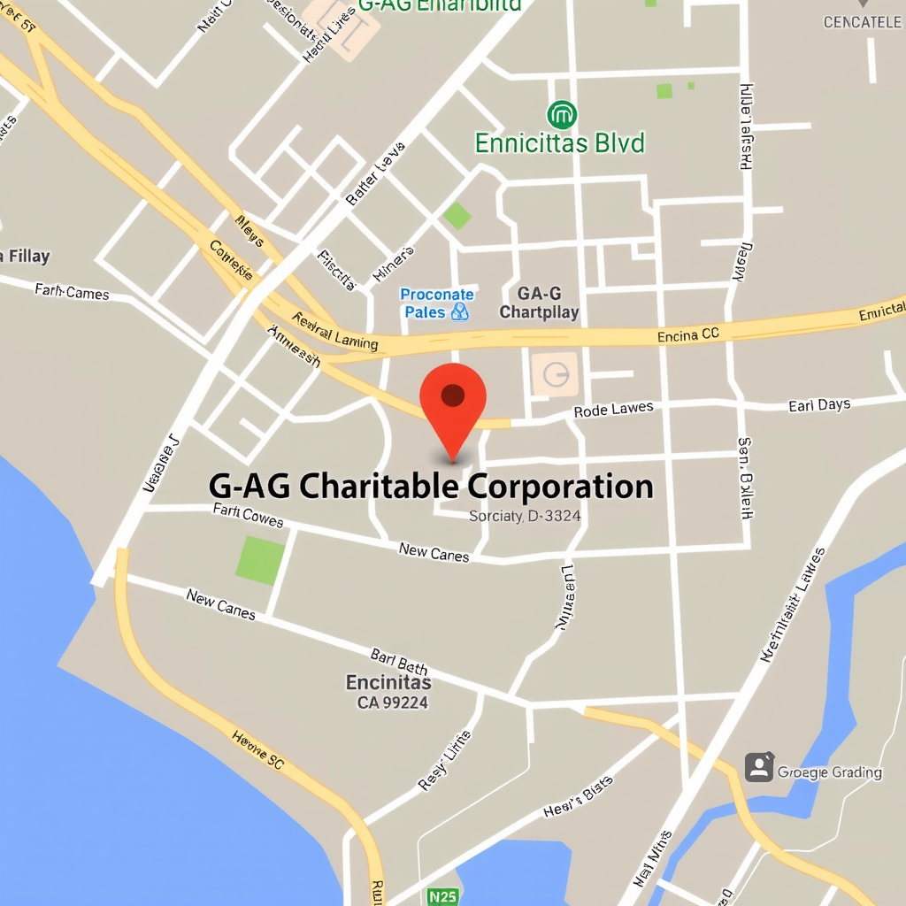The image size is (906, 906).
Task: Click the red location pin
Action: (x=453, y=400)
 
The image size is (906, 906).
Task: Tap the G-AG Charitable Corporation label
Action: (x=431, y=487)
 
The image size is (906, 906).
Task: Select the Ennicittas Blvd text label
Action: (x=560, y=142)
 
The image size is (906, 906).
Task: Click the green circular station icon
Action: (x=562, y=114)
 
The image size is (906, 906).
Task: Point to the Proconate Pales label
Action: (x=437, y=303)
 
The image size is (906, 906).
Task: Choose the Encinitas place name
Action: (x=388, y=682)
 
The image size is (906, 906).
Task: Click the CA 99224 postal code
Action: (x=393, y=703)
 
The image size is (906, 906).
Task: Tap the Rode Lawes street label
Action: (x=613, y=410)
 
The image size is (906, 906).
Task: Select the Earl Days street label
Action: (x=819, y=405)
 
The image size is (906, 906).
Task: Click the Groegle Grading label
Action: (x=829, y=772)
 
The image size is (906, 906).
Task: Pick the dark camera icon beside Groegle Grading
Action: (x=759, y=767)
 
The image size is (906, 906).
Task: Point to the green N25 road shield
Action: (x=442, y=895)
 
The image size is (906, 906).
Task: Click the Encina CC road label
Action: (x=688, y=335)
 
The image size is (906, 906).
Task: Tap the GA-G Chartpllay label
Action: (x=539, y=303)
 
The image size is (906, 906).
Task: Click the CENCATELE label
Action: (x=862, y=22)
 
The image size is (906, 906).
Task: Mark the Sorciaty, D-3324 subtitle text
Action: (x=525, y=516)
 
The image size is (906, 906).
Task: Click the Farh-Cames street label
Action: (x=72, y=290)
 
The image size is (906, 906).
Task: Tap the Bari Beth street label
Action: (x=399, y=661)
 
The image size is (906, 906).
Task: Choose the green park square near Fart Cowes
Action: (x=261, y=560)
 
